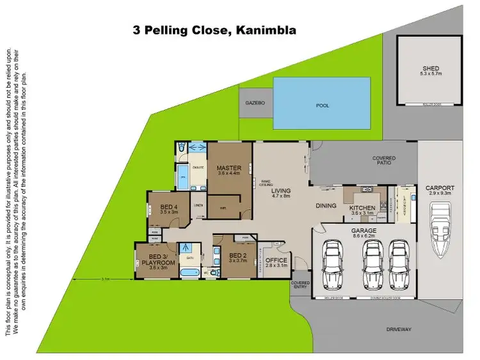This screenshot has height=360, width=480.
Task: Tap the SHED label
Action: click(x=430, y=68)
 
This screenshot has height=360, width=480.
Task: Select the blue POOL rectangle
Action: click(x=322, y=103)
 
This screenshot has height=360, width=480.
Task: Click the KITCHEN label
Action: click(x=362, y=208)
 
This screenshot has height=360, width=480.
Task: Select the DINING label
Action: click(x=326, y=206)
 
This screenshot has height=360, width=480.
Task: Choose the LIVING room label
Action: click(x=280, y=191)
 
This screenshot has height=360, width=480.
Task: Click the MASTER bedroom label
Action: click(x=228, y=168)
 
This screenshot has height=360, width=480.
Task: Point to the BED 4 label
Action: click(x=169, y=207)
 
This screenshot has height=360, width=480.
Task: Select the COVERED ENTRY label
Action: click(x=300, y=285)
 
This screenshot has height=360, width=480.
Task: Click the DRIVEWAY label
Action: click(x=399, y=329)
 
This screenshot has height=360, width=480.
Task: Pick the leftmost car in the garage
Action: click(x=334, y=263)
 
